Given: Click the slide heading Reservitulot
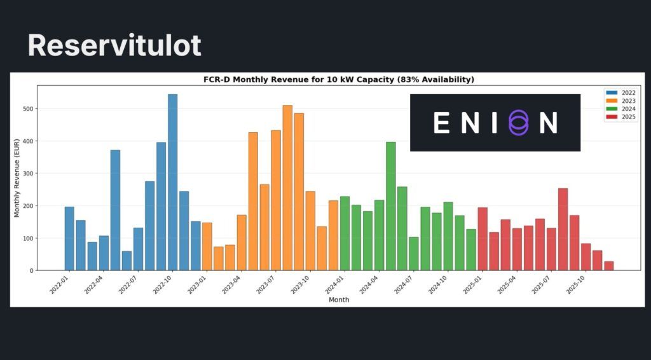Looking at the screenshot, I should point(114,46).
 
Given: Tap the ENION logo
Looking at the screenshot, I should point(495,123).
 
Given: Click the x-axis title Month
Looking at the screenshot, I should point(338,300).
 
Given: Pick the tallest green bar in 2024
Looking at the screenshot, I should point(390,206).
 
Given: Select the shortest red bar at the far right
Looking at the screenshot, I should point(609,266).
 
